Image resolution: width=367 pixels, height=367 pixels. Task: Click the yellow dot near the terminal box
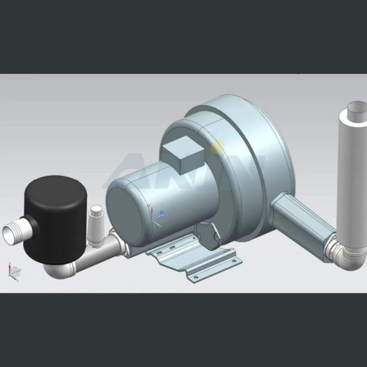pyautogui.click(x=218, y=147)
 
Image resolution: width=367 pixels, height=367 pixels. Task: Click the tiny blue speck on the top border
pyautogui.click(x=298, y=74)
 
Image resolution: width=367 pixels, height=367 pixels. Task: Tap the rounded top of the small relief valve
pyautogui.click(x=96, y=209)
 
